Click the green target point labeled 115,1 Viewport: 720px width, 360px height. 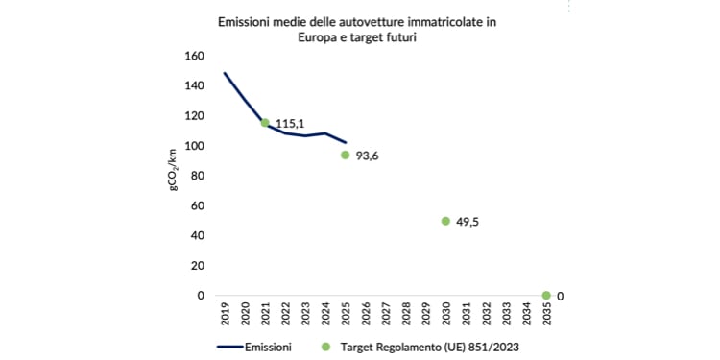point(265,123)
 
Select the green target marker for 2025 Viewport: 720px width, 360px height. point(345,155)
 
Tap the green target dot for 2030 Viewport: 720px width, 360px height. point(445,221)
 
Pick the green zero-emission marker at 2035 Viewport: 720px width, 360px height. point(546,296)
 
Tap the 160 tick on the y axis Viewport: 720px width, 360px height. point(194,56)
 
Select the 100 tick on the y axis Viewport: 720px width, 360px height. point(194,146)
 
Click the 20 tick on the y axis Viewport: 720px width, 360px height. point(197,266)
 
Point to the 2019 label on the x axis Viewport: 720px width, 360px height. point(225,315)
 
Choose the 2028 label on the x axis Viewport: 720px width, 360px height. point(406,315)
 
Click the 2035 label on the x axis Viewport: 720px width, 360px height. point(546,315)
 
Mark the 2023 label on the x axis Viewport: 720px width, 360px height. point(305,315)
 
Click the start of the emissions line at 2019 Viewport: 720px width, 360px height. point(225,73)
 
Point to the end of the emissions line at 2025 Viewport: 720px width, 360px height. point(346,142)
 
